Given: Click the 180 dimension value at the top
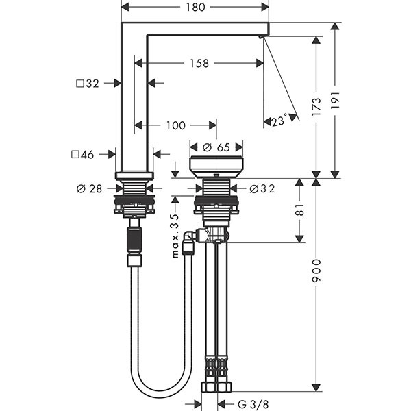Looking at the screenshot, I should click(195, 8).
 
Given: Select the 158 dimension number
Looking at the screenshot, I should click(200, 63).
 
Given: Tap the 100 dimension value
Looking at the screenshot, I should click(176, 125).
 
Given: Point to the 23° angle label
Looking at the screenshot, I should click(278, 121).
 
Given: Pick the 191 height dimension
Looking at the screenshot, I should click(335, 100).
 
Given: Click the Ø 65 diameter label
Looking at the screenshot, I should click(216, 147).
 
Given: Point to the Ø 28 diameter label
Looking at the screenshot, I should click(90, 188).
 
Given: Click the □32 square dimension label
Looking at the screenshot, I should click(88, 84).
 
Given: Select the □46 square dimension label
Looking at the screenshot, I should click(86, 155).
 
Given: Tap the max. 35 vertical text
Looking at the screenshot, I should click(174, 235).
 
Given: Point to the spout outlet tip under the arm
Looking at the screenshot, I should click(263, 36).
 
